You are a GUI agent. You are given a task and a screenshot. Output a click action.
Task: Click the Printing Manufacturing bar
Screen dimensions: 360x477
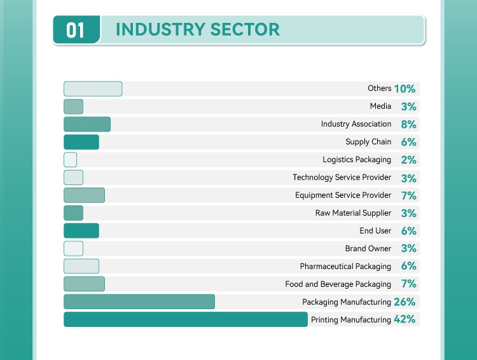[x=185, y=319]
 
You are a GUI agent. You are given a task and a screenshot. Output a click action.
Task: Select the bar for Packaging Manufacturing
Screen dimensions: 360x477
[x=139, y=301]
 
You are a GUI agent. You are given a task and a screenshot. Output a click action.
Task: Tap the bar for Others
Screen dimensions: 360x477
[x=93, y=89]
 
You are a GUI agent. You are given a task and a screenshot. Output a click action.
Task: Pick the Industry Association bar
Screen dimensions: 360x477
[x=87, y=125]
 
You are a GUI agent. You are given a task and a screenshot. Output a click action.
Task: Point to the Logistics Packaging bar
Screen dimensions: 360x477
[x=70, y=160]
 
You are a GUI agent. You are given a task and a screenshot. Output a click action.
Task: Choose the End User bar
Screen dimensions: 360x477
[x=81, y=231]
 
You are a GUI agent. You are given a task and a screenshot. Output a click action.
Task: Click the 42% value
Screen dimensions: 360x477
[x=404, y=319]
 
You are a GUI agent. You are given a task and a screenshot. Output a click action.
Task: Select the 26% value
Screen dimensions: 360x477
[x=404, y=301]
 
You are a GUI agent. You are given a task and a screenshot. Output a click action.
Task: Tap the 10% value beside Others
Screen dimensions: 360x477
[x=404, y=89]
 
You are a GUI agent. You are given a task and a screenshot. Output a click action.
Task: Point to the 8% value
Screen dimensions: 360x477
[x=408, y=125]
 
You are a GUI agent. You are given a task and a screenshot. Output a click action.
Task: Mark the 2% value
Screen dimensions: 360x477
[x=408, y=160]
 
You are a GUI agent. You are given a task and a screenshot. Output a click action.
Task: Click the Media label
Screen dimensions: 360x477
[x=380, y=106]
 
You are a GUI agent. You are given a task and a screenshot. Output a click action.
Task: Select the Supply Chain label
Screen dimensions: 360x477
[x=368, y=142]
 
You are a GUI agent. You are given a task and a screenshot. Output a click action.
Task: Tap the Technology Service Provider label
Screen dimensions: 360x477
[x=342, y=177]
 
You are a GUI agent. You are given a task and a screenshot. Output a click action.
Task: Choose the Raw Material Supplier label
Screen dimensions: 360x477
[x=353, y=213]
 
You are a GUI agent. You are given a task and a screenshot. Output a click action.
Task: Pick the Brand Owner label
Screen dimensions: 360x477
[x=368, y=249]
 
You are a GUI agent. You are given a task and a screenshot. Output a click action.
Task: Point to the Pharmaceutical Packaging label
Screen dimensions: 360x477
[x=345, y=267]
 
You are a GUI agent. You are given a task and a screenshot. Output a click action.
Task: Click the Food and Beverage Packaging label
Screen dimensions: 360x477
[x=338, y=284]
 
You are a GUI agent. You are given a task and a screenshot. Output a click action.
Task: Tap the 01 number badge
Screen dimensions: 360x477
[x=76, y=30]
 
